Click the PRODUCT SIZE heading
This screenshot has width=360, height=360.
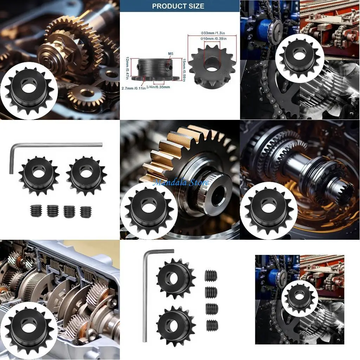click(178, 6)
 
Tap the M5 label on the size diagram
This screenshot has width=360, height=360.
click(171, 54)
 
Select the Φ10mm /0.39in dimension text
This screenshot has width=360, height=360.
click(213, 39)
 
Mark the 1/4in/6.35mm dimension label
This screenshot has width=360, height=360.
click(158, 87)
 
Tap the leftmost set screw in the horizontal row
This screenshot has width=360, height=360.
click(36, 211)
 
